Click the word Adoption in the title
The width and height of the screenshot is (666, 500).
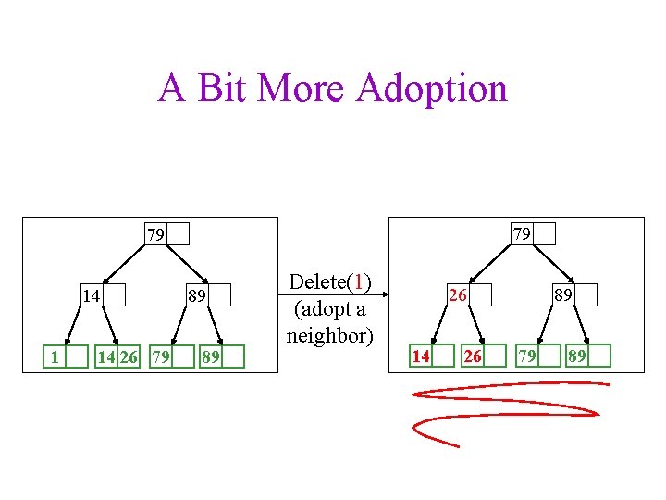pyautogui.click(x=431, y=89)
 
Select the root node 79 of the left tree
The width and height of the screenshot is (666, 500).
pyautogui.click(x=166, y=233)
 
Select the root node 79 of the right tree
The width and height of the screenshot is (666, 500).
pyautogui.click(x=533, y=233)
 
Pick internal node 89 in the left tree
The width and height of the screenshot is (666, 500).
pyautogui.click(x=208, y=296)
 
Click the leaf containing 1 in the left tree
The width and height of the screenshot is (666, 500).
pyautogui.click(x=68, y=356)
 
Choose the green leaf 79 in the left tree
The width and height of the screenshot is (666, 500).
pyautogui.click(x=172, y=356)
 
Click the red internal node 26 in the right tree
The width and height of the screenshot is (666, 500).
pyautogui.click(x=468, y=296)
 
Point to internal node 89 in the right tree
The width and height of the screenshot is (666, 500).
pyautogui.click(x=573, y=295)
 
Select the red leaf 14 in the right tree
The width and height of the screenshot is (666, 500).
pyautogui.click(x=432, y=356)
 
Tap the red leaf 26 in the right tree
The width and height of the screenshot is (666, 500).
pyautogui.click(x=484, y=356)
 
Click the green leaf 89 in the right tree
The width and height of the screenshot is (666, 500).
pyautogui.click(x=588, y=356)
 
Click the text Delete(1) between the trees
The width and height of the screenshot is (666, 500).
pyautogui.click(x=329, y=281)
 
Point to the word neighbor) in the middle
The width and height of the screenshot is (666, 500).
pyautogui.click(x=329, y=334)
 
